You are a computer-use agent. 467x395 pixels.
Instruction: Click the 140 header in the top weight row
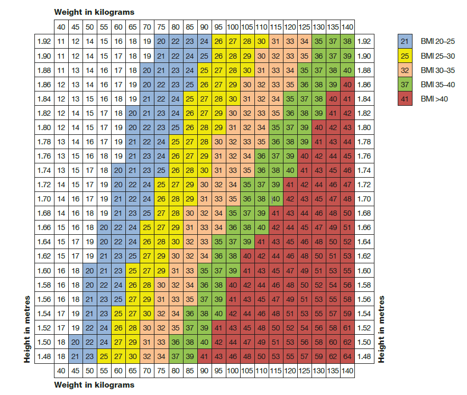pos(347,27)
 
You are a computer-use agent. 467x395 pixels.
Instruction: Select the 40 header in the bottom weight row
pos(61,371)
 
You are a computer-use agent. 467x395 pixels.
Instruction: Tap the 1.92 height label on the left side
pos(43,41)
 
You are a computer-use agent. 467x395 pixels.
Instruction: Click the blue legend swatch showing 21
pos(405,41)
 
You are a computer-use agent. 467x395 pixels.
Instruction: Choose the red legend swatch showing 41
pos(405,99)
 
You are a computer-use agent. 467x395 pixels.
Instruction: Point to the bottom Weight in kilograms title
pos(94,385)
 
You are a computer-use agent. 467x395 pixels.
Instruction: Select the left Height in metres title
pos(27,328)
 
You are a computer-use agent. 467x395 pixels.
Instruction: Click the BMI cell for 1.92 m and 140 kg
pos(347,41)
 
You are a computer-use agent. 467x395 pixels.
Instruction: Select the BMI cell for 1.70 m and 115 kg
pos(275,199)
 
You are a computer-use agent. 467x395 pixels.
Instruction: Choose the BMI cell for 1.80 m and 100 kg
pos(233,127)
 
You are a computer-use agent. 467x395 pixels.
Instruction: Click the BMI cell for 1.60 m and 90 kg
pos(204,271)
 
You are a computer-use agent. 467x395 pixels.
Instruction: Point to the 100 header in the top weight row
pos(233,27)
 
